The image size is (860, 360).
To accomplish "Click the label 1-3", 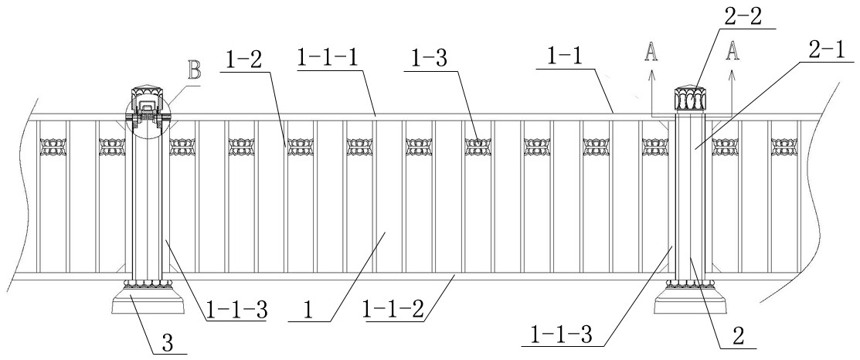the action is click(x=428, y=56).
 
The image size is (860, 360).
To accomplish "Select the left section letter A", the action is click(x=652, y=52).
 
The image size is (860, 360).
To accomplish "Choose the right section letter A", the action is click(x=733, y=52).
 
